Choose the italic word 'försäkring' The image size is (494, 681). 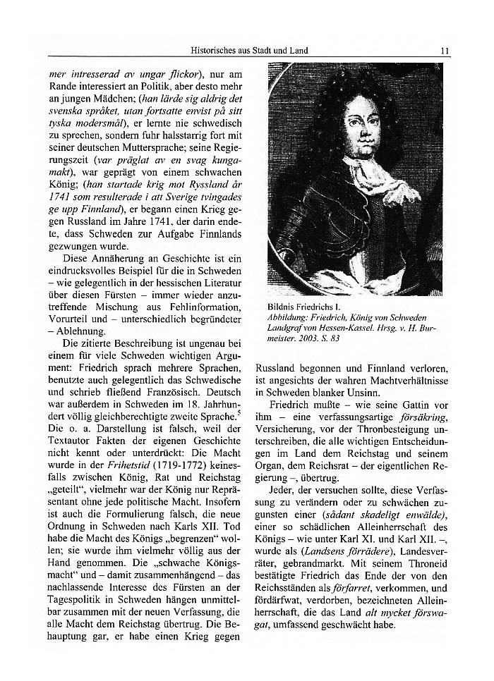point(426,419)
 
